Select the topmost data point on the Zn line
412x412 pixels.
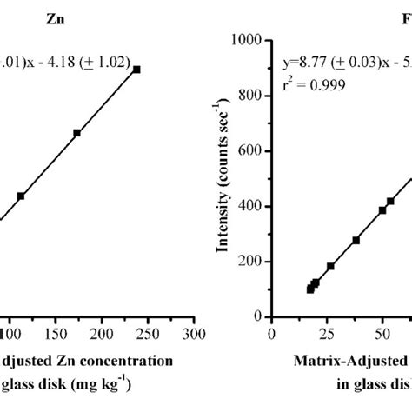[136, 69]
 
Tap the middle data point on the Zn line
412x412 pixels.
[76, 133]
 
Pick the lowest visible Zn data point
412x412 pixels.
[21, 196]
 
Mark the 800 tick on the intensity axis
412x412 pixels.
[253, 96]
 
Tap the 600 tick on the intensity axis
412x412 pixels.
[253, 151]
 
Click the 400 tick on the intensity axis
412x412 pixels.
[253, 206]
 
